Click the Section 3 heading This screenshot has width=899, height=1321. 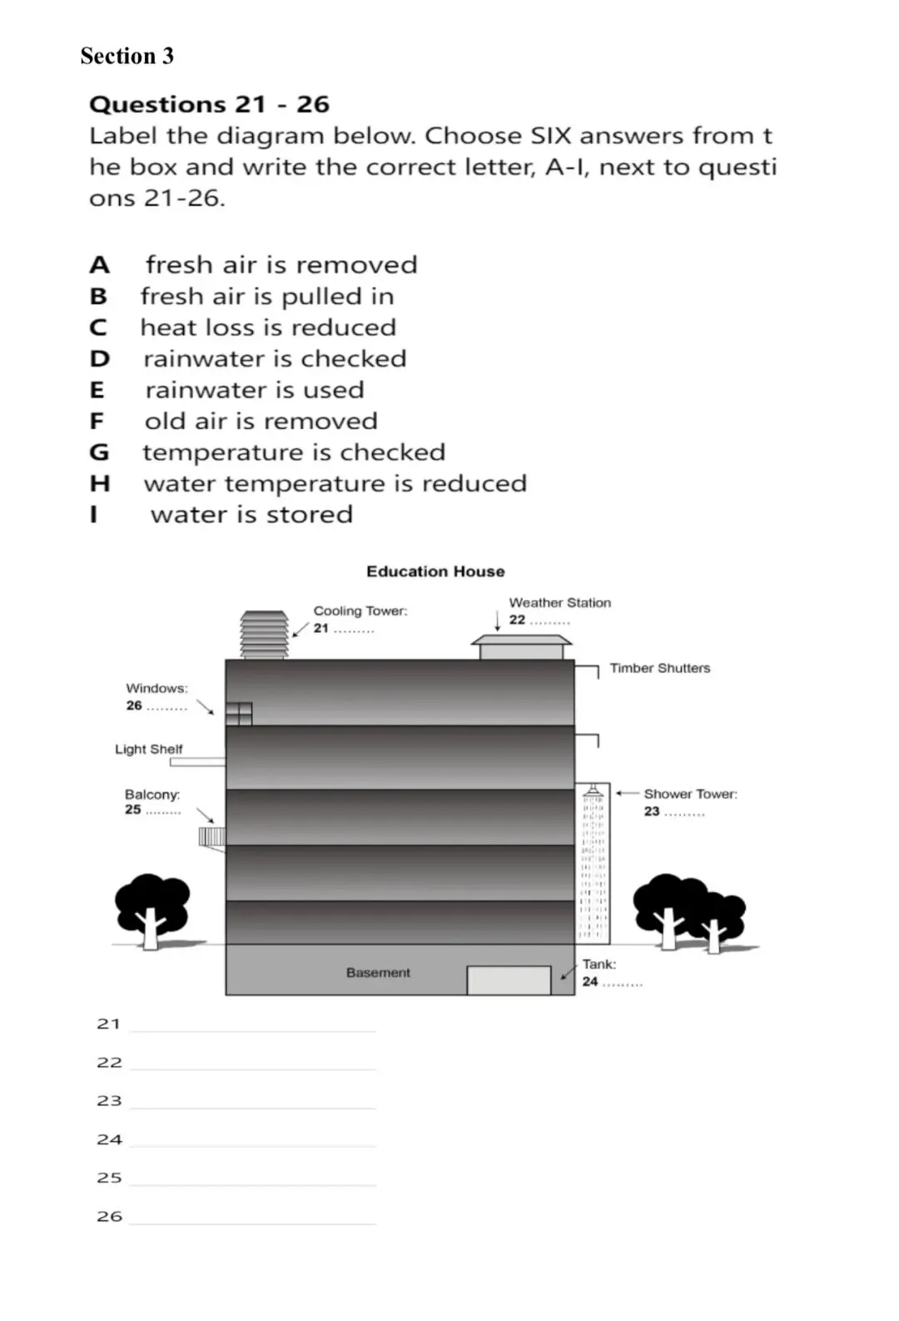tap(127, 56)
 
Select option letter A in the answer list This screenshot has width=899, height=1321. tap(99, 265)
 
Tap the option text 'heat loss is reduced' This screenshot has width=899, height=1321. tap(268, 327)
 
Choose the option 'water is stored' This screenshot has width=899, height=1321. tap(251, 515)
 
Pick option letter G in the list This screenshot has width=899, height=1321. tap(99, 452)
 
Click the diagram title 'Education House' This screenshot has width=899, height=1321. tap(435, 571)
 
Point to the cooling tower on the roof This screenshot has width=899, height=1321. tap(264, 635)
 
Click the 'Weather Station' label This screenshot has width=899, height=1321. tap(559, 602)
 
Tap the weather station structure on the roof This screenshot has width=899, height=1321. tap(521, 647)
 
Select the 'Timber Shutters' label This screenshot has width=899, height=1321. tap(659, 668)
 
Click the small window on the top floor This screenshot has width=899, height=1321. tap(239, 714)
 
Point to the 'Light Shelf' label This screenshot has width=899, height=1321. tap(148, 749)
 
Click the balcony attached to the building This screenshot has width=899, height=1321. tap(212, 837)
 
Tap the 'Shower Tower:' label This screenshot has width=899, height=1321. tap(690, 794)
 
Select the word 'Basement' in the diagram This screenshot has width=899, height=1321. tap(378, 972)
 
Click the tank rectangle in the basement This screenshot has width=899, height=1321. tap(509, 980)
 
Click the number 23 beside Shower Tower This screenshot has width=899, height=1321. tap(651, 811)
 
